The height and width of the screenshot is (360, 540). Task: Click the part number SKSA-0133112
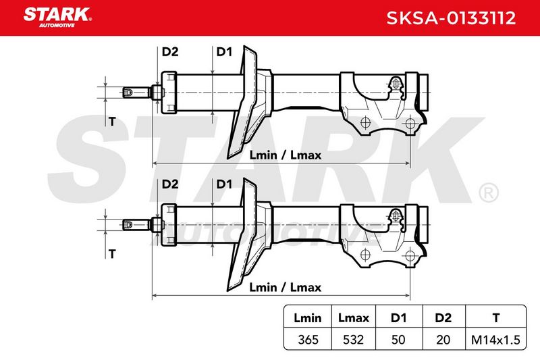point(451,18)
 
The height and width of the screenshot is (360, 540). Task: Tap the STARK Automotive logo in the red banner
point(57,18)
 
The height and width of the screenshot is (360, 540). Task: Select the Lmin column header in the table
point(308,317)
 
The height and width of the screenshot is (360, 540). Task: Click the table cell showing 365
point(308,340)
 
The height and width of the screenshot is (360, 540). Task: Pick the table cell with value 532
point(353,340)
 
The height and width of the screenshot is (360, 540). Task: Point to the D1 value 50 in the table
point(398,340)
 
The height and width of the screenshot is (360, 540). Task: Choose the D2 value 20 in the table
point(443,340)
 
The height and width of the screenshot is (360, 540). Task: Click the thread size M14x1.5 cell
point(495,340)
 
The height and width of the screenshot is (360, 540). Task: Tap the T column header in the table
point(496,317)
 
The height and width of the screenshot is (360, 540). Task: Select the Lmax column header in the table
point(353,317)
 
